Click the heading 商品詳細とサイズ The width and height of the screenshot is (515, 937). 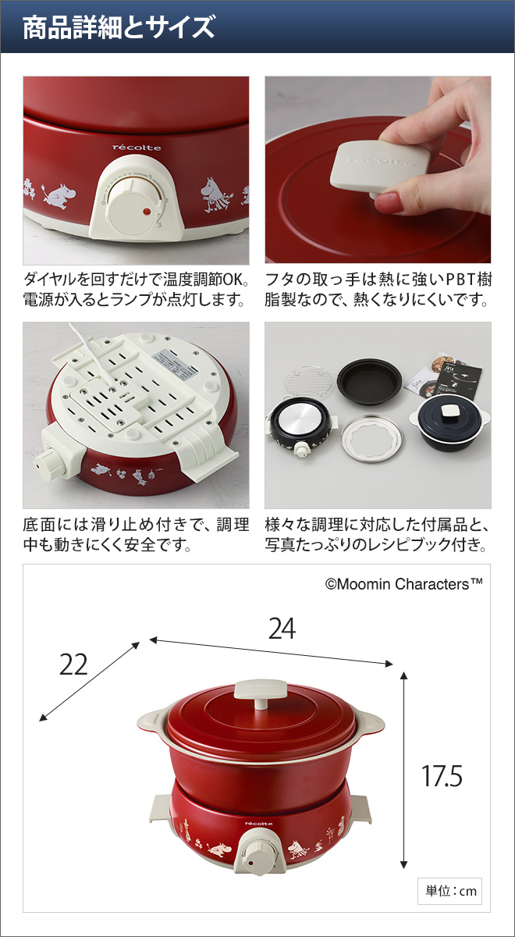[x=119, y=27]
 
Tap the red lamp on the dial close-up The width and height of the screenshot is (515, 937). [x=147, y=212]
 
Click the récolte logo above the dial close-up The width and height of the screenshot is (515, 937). [x=137, y=148]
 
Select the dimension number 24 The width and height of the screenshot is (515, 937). [x=282, y=629]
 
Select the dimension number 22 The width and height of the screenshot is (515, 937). [x=73, y=664]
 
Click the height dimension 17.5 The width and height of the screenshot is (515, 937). [x=442, y=775]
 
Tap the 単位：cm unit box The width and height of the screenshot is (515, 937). [x=449, y=891]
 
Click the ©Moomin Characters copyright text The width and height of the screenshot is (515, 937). [x=404, y=584]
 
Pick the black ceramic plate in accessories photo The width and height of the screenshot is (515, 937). [x=370, y=382]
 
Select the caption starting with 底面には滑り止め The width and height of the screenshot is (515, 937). [x=136, y=535]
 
